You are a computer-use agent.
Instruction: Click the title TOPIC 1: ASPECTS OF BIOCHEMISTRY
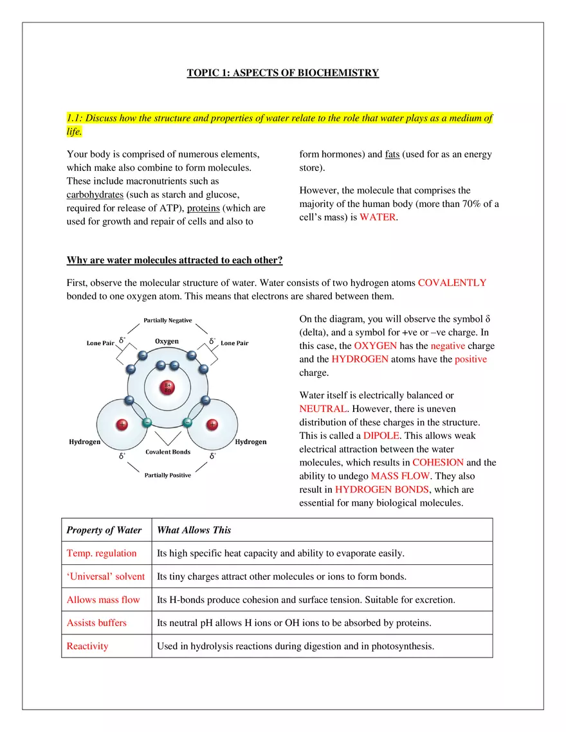click(282, 73)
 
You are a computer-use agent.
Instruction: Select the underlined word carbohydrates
click(95, 195)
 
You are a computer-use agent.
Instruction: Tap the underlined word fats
click(392, 154)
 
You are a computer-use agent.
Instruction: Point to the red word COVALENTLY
click(452, 282)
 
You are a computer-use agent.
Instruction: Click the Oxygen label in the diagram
click(167, 341)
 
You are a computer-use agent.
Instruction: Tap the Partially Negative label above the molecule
click(167, 320)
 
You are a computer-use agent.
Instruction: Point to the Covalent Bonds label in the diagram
click(167, 452)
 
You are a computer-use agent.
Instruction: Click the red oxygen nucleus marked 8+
click(167, 388)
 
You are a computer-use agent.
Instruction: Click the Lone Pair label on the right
click(234, 343)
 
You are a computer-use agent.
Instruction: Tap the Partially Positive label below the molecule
click(167, 476)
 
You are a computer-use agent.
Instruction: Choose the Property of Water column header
click(104, 530)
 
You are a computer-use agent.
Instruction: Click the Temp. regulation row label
click(102, 553)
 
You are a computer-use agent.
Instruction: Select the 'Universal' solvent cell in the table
click(105, 576)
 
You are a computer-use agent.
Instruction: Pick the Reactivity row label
click(87, 646)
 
